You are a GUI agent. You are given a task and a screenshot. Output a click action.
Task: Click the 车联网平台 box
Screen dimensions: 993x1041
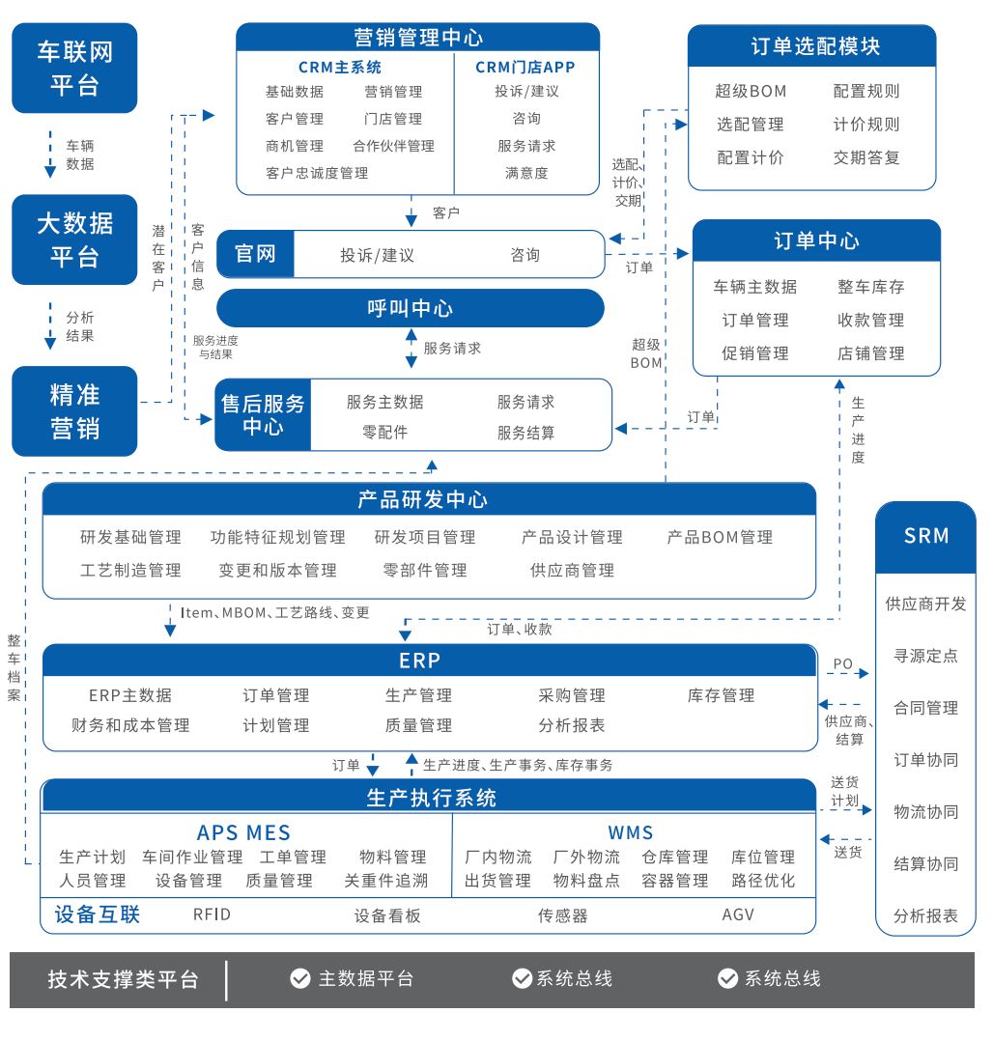pos(74,68)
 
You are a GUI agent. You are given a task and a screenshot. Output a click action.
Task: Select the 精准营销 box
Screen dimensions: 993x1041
pos(74,410)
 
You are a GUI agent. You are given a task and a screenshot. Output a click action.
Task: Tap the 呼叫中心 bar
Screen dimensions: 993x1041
pos(410,309)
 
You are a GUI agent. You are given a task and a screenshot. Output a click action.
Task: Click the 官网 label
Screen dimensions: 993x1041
pos(256,255)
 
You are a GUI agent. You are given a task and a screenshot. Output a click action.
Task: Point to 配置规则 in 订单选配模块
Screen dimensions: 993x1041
pos(865,92)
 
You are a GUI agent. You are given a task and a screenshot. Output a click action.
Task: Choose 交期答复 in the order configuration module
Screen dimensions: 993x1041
pos(865,157)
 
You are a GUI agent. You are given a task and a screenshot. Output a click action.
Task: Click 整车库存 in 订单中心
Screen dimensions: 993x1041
pos(870,287)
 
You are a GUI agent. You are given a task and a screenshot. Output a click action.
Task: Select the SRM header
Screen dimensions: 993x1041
pos(925,536)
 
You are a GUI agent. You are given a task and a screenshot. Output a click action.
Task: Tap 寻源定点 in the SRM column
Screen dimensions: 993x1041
pos(925,656)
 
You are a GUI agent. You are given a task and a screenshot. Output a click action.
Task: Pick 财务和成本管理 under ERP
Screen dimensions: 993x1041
pos(130,725)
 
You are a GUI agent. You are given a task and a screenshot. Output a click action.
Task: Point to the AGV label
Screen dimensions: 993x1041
pos(738,914)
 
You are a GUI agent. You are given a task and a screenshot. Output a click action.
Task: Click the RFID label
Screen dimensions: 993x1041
pos(212,914)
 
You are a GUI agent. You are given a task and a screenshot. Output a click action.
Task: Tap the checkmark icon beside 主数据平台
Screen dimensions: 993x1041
pos(300,978)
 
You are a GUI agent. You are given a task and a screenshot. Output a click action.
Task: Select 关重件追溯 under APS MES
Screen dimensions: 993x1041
pos(385,881)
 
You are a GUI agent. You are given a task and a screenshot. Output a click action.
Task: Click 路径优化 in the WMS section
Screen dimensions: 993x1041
pos(763,881)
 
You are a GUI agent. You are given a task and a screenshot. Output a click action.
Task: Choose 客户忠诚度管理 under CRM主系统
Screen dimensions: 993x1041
pos(317,173)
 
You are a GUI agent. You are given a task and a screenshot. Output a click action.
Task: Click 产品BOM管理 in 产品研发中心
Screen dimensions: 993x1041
pos(720,537)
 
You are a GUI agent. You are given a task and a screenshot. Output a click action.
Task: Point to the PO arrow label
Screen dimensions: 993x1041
pos(842,664)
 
